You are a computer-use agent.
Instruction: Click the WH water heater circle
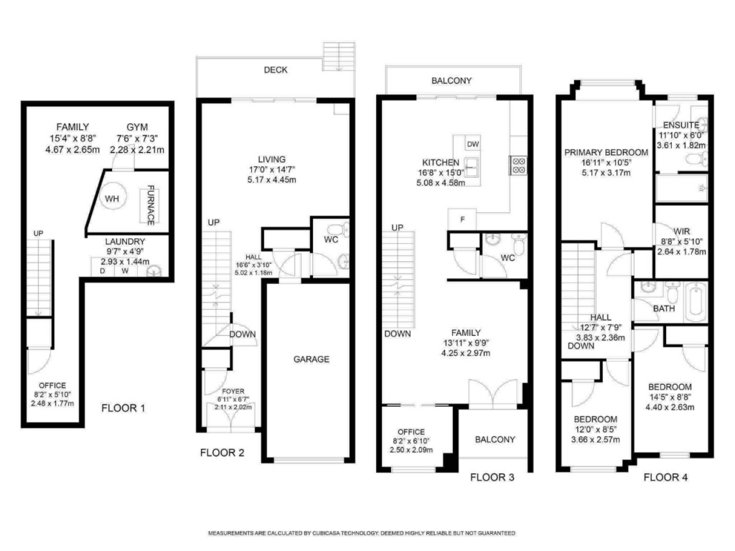[112, 199]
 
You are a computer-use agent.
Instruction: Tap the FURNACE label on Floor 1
[151, 205]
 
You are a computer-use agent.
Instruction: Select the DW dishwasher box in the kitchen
[473, 143]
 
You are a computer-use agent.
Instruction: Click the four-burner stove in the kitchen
[518, 166]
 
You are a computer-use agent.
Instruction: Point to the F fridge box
[462, 220]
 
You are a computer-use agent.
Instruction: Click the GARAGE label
[312, 359]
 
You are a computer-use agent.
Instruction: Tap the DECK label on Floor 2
[276, 70]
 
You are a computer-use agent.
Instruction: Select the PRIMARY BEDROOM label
[606, 152]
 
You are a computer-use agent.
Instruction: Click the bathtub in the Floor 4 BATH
[696, 302]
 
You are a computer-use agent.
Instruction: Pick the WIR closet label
[682, 232]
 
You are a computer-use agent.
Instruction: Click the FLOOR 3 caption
[492, 477]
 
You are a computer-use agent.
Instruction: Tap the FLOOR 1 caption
[123, 408]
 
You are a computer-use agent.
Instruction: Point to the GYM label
[137, 127]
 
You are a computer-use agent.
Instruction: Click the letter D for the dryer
[103, 270]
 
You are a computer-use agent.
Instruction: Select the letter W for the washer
[125, 270]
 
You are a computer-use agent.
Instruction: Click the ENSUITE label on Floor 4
[681, 125]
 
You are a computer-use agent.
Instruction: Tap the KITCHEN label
[441, 163]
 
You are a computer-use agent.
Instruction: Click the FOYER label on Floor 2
[233, 391]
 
